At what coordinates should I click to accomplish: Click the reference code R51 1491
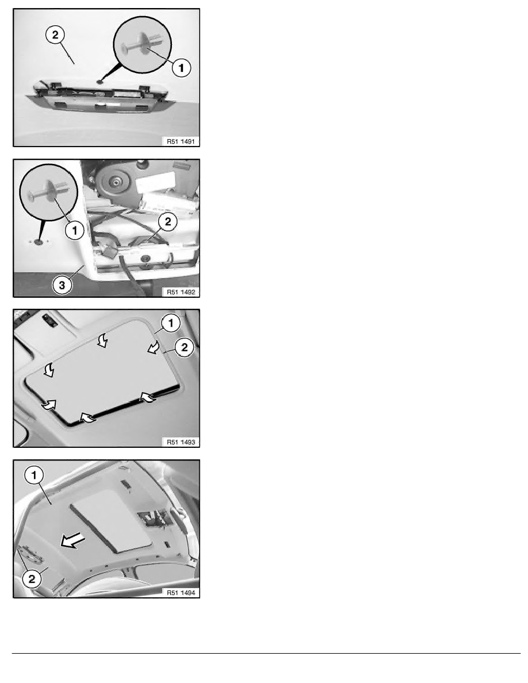[x=181, y=141]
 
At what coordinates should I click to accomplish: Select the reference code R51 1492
[x=181, y=292]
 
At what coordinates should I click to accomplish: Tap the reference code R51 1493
[x=181, y=442]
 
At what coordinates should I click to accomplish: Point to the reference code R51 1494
[x=181, y=592]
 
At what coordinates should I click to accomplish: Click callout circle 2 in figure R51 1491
[x=55, y=34]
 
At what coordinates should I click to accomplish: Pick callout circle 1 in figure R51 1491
[x=181, y=67]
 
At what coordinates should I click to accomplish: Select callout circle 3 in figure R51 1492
[x=62, y=285]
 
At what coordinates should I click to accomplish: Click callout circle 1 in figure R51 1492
[x=75, y=230]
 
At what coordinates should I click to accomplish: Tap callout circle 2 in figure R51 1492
[x=168, y=222]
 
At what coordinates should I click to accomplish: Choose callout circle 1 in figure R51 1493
[x=170, y=323]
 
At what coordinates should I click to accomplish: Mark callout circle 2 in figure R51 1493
[x=184, y=348]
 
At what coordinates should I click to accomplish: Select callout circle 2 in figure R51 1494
[x=32, y=579]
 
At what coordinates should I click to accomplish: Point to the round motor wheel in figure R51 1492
[x=116, y=182]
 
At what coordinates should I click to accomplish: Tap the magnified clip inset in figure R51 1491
[x=143, y=45]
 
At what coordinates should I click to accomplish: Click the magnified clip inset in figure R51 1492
[x=49, y=193]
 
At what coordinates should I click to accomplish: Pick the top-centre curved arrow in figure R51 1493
[x=102, y=340]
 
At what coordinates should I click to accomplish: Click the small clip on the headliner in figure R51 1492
[x=39, y=241]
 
